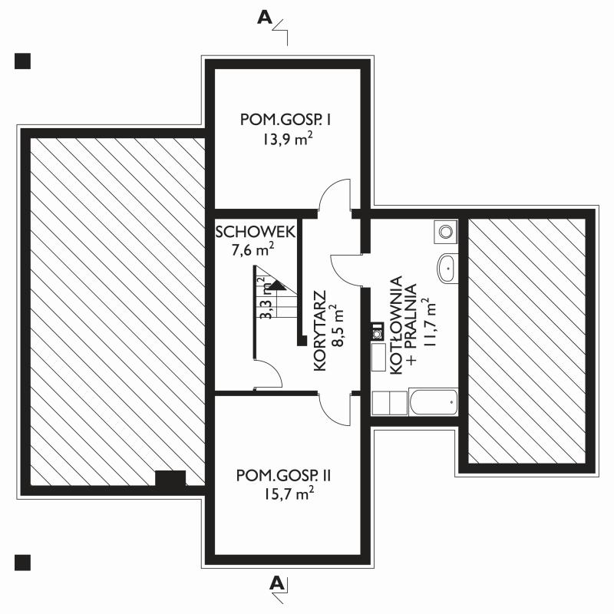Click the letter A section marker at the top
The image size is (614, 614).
tap(265, 17)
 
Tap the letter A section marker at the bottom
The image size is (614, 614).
tap(277, 583)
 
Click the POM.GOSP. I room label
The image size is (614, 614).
tap(286, 120)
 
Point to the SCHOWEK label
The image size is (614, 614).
tap(256, 232)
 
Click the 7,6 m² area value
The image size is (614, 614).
tap(253, 249)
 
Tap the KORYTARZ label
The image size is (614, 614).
tap(320, 331)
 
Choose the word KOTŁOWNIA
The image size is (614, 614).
tap(396, 325)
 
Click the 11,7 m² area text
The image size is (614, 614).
tap(429, 322)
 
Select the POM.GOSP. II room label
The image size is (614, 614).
tap(283, 476)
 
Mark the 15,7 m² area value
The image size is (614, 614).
tap(289, 494)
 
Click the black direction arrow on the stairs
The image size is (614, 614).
tap(278, 285)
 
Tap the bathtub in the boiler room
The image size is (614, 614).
tap(433, 401)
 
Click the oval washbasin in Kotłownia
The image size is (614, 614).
tap(446, 268)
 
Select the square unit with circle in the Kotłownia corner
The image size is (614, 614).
tap(446, 232)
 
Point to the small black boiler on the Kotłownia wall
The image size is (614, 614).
tap(378, 332)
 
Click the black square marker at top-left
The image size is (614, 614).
tap(22, 61)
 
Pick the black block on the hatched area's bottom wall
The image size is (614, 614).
tap(170, 478)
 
